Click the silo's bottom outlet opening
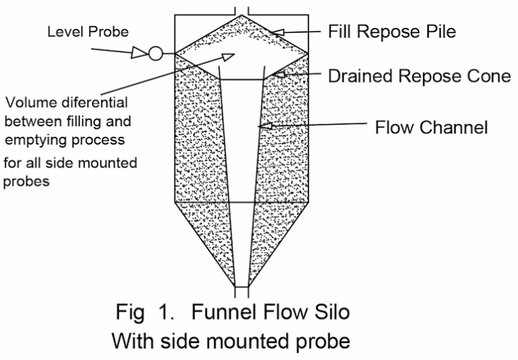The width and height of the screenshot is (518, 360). [x=241, y=292]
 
